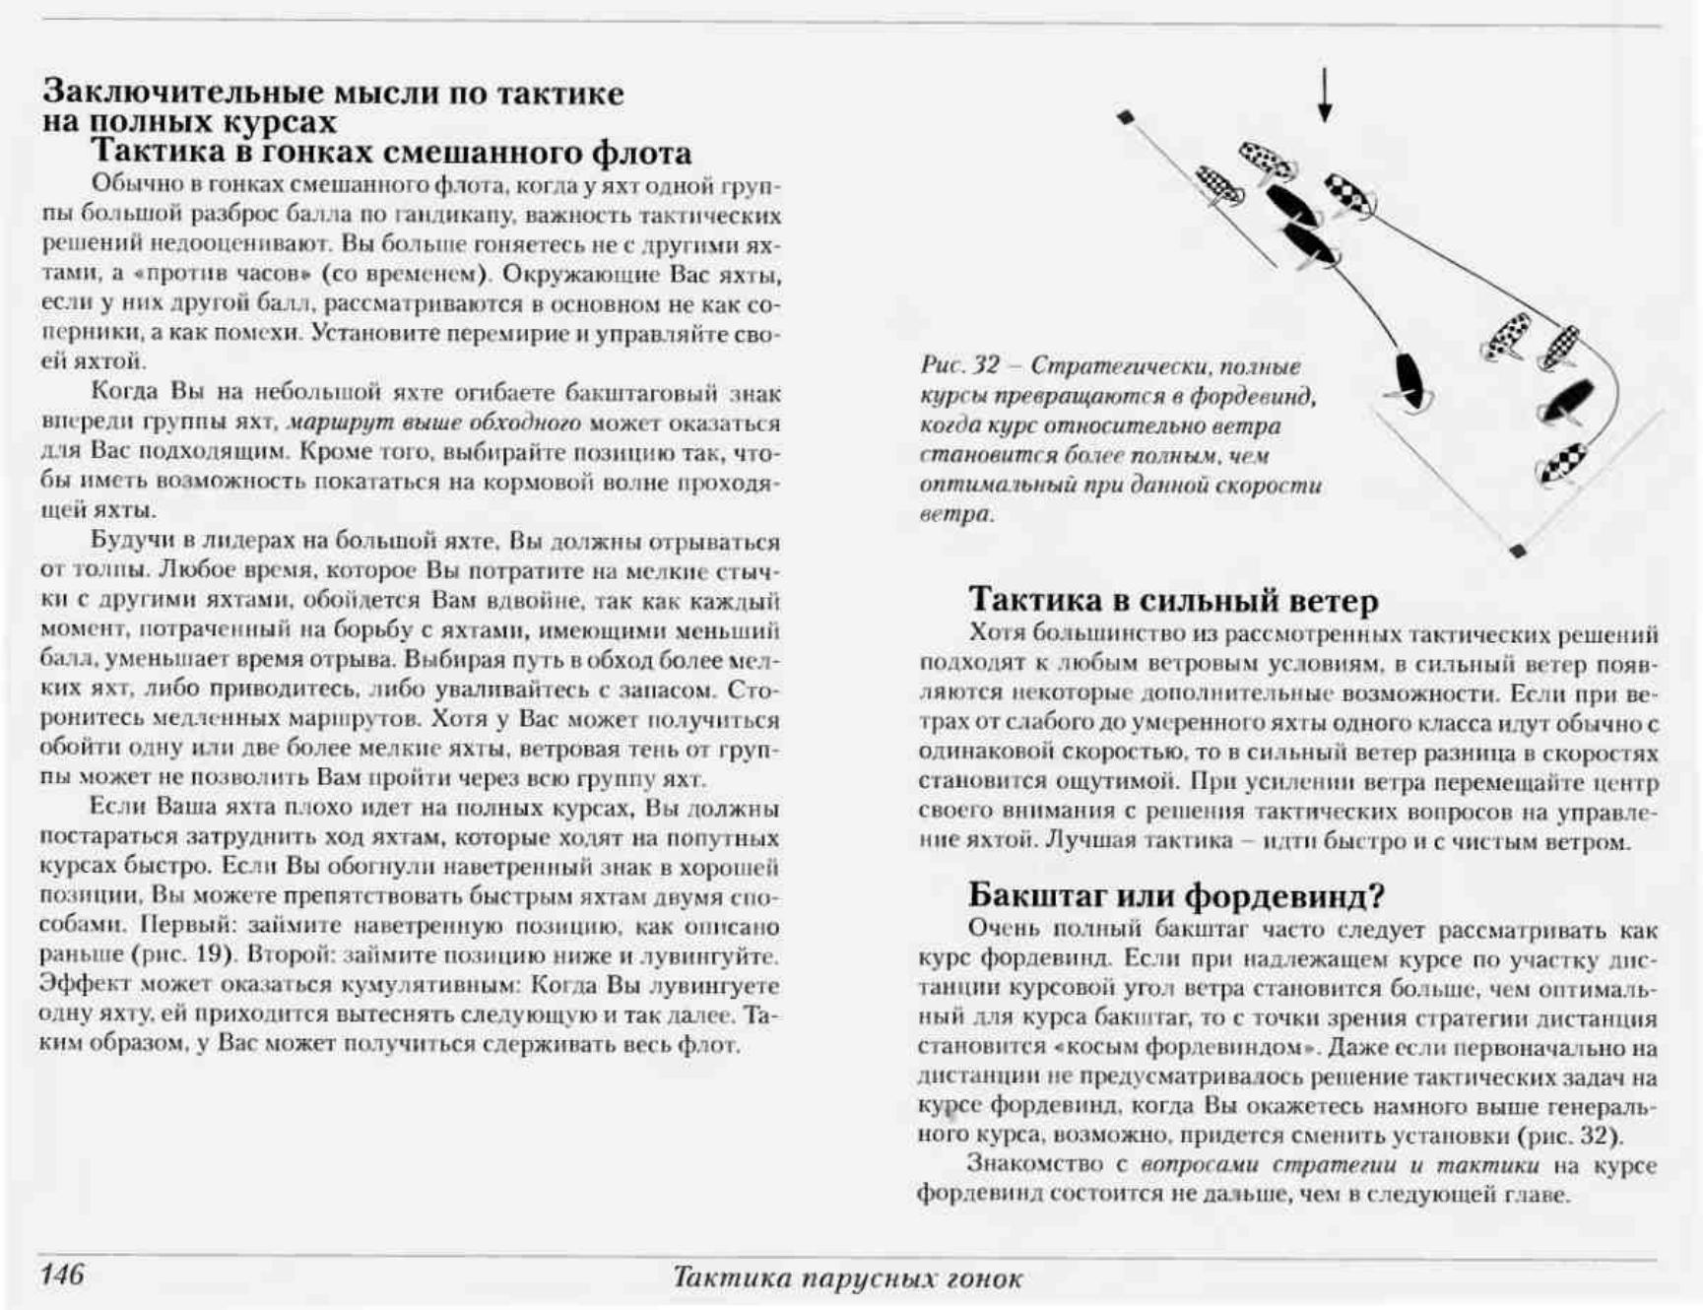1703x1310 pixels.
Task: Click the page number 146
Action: [62, 1275]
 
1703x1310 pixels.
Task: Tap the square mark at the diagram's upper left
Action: [1126, 117]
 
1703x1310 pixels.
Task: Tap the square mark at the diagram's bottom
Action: [1517, 551]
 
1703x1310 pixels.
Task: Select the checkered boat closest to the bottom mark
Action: [1562, 462]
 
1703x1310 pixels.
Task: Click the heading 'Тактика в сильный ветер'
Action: [1173, 599]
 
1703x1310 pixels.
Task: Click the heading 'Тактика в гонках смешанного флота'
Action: [391, 153]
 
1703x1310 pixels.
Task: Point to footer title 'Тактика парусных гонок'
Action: [847, 1278]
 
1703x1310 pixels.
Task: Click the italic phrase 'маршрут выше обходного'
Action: [433, 424]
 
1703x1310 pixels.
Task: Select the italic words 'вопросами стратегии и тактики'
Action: [1340, 1165]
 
